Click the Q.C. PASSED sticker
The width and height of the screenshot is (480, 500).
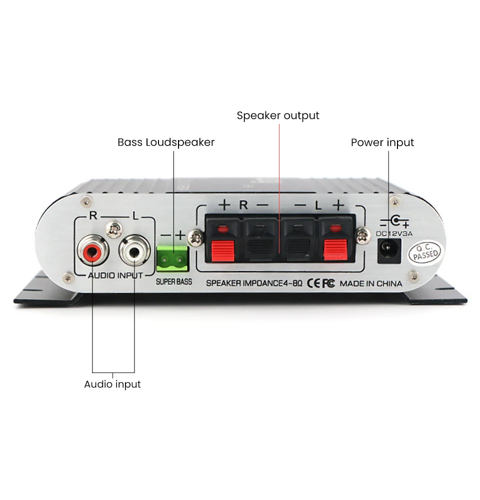coord(425,252)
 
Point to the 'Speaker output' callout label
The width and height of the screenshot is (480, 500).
coord(278,115)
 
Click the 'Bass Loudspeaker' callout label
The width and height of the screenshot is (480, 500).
coord(166,142)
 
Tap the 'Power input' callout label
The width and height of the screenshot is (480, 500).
coord(382,142)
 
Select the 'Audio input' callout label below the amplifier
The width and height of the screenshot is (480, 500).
coord(112,384)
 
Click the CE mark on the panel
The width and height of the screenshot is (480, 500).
coord(313,283)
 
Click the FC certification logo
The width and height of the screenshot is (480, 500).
coord(328,283)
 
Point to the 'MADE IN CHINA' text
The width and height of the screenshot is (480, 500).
coord(371,283)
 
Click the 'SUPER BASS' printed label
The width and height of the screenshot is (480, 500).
coord(174,281)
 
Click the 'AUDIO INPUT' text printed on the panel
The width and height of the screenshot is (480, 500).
coord(115,275)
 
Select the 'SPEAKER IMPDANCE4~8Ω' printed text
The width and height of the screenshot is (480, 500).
coord(254,283)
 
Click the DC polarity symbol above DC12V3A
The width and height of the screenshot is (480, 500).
coord(394,221)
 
